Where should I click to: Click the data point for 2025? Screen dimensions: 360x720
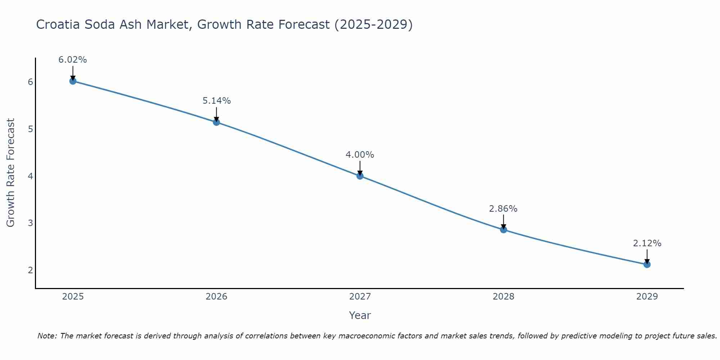73,81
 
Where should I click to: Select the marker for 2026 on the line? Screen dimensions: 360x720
216,122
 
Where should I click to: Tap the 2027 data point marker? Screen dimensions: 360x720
360,176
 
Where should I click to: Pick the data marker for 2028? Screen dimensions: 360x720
503,230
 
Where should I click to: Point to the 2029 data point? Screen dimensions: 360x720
647,265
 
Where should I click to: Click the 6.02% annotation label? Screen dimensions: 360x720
73,60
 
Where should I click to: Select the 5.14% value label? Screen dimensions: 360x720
216,101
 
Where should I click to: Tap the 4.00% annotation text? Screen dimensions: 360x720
360,155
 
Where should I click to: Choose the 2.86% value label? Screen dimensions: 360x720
503,209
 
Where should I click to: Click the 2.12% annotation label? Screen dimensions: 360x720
647,243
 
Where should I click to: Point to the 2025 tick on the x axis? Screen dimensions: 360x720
73,297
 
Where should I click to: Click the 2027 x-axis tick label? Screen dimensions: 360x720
360,297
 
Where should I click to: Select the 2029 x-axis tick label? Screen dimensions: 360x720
647,297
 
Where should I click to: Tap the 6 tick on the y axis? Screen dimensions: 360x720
30,82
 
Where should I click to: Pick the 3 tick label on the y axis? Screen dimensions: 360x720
30,223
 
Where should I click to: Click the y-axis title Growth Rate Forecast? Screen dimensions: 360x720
11,173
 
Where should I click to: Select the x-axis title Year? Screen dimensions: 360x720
360,315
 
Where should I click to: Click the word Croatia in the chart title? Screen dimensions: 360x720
58,24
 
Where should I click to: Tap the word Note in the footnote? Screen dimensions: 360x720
47,336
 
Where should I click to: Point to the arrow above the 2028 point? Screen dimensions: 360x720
503,221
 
